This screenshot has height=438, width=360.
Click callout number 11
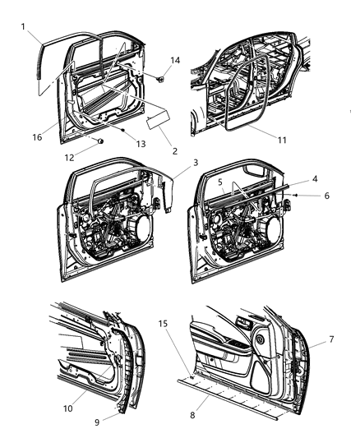click(x=281, y=141)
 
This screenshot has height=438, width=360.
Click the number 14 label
click(x=173, y=61)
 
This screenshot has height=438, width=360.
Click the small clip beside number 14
click(x=162, y=80)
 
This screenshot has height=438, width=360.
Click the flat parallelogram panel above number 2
click(x=155, y=122)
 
